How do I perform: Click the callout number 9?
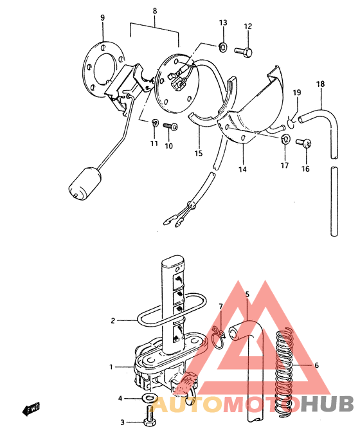(x=102, y=17)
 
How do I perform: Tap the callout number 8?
(x=155, y=11)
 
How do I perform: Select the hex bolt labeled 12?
(x=244, y=52)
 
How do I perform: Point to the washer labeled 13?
(x=222, y=47)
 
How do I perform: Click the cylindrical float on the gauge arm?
(x=85, y=184)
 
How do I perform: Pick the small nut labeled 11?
(x=155, y=123)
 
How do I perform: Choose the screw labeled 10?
(x=170, y=126)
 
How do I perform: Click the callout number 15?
(x=199, y=153)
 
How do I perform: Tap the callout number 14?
(x=242, y=169)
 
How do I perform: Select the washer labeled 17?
(x=285, y=139)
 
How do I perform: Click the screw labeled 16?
(x=303, y=143)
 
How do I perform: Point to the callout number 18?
(x=321, y=84)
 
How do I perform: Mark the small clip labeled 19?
(x=291, y=123)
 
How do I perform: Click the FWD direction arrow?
(x=31, y=409)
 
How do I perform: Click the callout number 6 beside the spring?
(x=316, y=365)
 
